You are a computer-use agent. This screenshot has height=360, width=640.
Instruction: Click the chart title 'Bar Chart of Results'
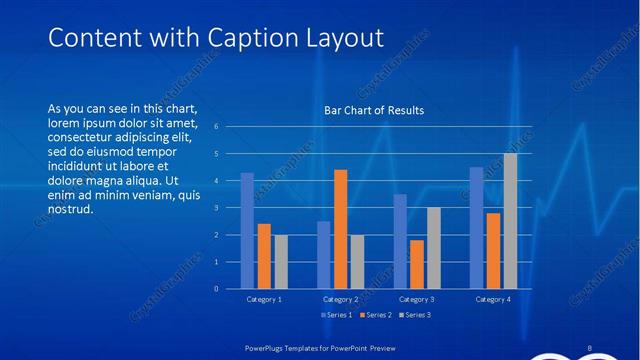tap(374, 110)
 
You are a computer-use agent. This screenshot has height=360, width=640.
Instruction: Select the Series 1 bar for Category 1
tap(247, 231)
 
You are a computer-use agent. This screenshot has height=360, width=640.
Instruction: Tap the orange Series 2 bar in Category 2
tap(340, 229)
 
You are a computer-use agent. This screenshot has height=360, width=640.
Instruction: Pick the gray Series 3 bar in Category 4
tap(510, 221)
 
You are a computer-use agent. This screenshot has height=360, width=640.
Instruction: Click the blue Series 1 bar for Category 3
tap(400, 241)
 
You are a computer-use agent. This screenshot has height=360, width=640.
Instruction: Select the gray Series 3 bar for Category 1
tap(280, 262)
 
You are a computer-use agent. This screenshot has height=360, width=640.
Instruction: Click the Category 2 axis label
tap(341, 299)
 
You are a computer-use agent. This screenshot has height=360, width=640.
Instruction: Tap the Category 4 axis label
tap(493, 299)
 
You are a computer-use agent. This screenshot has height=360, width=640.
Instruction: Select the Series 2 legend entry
tap(373, 315)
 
